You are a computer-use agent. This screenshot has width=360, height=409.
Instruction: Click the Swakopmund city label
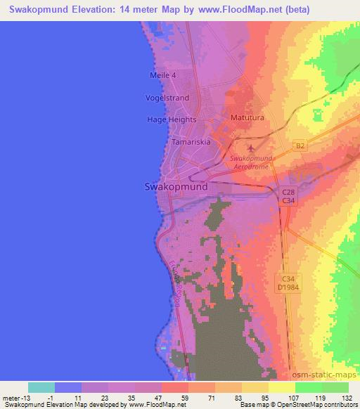176,187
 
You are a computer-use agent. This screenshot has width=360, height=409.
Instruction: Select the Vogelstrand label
167,98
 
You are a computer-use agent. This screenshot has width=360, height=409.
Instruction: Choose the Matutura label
247,118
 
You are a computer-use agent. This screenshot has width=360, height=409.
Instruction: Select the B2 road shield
300,146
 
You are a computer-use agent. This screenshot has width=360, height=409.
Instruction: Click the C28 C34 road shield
288,196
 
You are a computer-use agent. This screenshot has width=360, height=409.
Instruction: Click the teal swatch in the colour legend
41,387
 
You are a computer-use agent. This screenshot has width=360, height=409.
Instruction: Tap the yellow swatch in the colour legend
281,387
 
